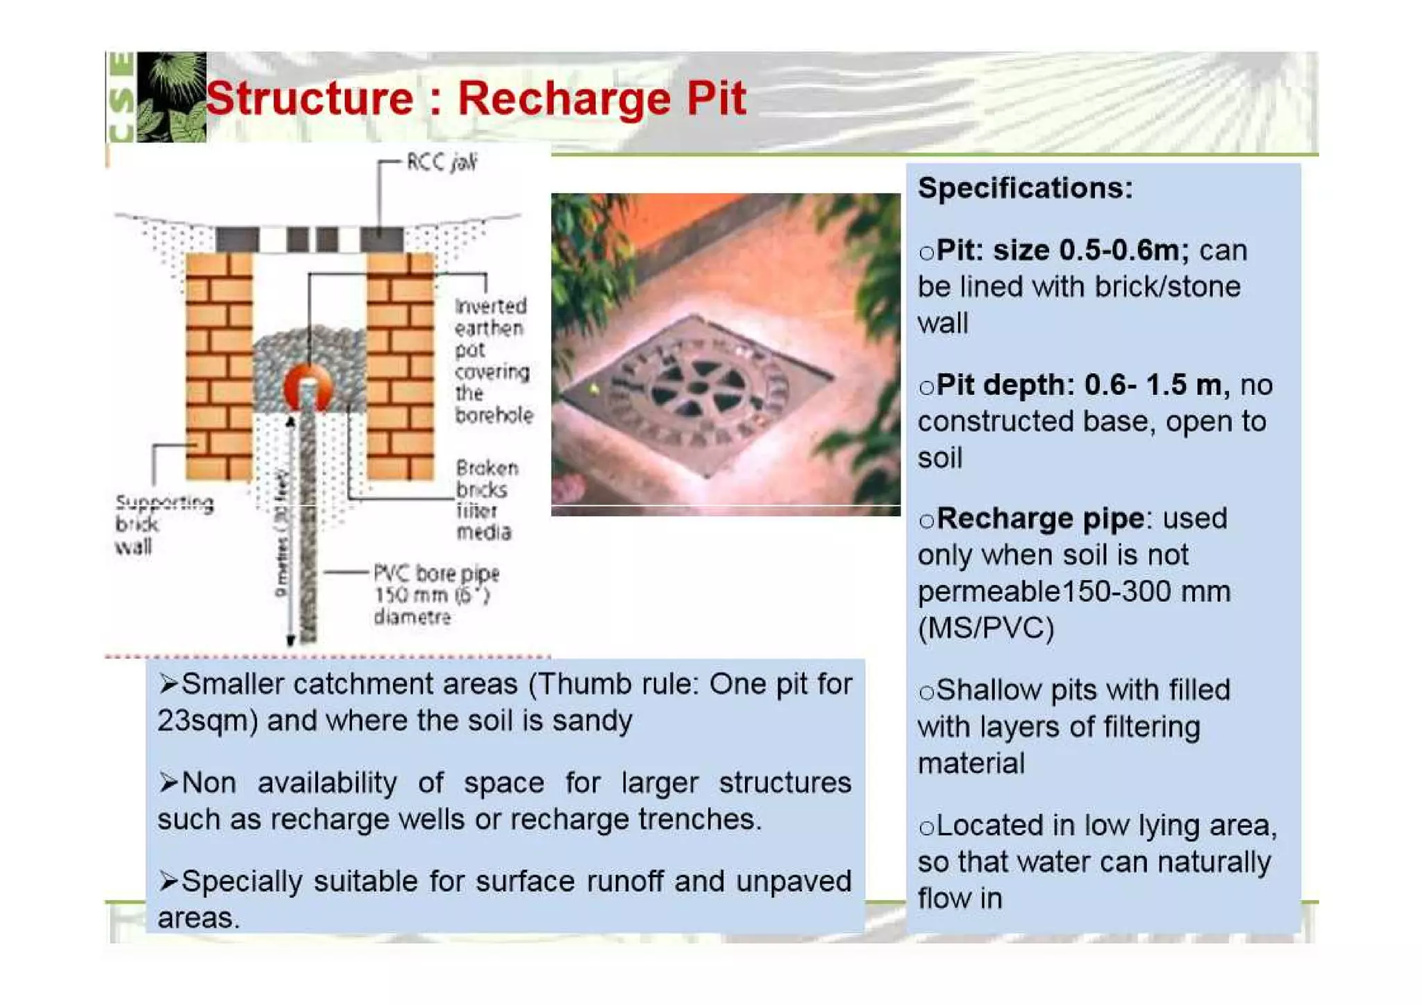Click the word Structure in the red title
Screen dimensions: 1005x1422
[309, 98]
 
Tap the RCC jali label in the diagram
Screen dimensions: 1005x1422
[442, 162]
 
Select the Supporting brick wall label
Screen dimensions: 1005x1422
[163, 524]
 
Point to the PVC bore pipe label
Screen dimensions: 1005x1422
[435, 595]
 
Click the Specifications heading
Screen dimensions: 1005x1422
[1025, 188]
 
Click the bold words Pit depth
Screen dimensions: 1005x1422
[1003, 385]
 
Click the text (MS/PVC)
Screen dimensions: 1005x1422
[985, 628]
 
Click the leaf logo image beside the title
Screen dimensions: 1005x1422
[171, 97]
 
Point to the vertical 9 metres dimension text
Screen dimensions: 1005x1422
[281, 534]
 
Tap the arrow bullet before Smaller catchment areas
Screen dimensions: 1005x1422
[167, 684]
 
